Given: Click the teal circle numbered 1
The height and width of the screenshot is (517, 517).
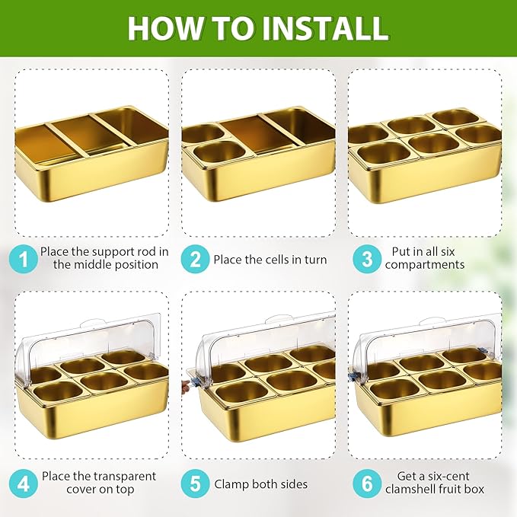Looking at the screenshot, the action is point(23,259).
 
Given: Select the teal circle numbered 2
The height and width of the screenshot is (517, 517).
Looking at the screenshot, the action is point(195,259).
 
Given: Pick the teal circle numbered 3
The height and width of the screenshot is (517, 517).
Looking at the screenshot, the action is point(367,259).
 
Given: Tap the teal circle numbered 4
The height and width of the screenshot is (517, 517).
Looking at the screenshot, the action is point(23,483).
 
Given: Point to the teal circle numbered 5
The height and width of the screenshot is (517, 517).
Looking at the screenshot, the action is point(195,483).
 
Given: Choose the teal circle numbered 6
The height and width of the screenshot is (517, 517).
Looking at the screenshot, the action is point(367,483).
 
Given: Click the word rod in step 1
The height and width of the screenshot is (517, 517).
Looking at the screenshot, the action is point(145,252).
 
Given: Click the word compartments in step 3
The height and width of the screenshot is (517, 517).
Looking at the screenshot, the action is point(425,265).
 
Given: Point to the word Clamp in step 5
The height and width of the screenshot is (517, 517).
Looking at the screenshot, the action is point(231,484).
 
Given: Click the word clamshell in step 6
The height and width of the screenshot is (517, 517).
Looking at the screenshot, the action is point(413,490).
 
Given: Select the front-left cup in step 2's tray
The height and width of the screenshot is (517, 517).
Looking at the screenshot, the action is point(218,152).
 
